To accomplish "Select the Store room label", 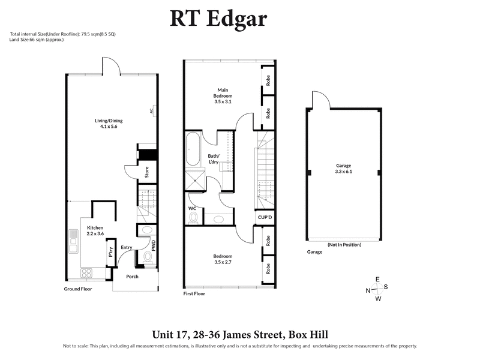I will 146,173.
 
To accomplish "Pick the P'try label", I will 110,252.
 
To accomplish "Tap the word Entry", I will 127,247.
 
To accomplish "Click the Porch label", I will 132,277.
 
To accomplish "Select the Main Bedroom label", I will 223,95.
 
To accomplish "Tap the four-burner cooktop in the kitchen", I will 87,273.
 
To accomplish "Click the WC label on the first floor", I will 193,208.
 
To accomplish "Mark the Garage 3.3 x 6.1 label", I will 343,169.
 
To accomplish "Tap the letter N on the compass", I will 367,290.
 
